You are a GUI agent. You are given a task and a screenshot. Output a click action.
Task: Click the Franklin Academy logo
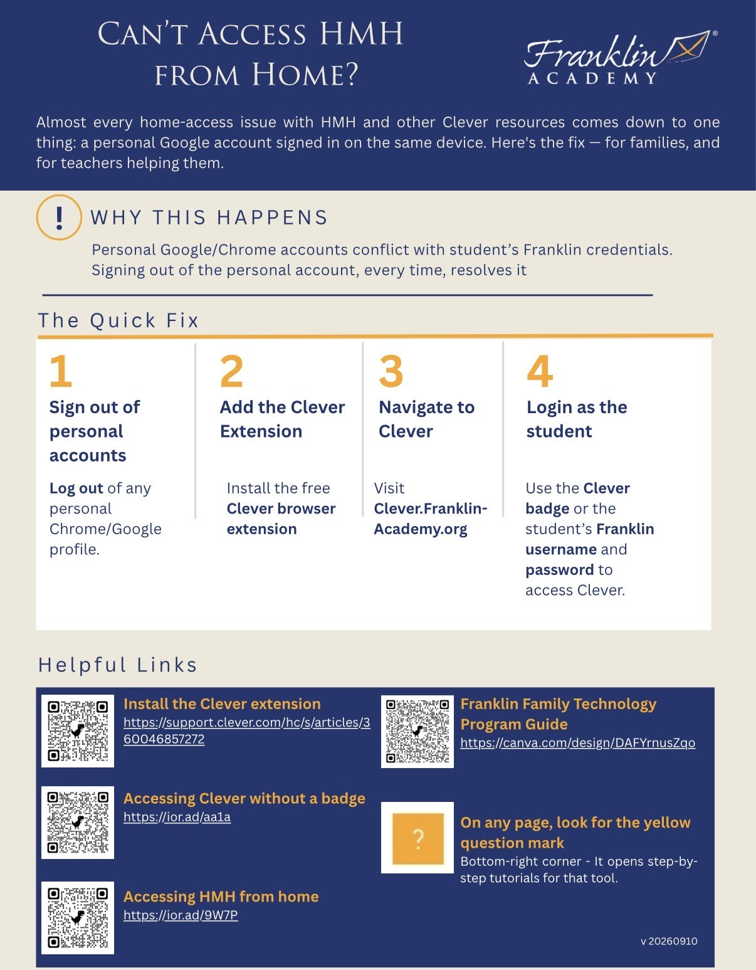coord(621,57)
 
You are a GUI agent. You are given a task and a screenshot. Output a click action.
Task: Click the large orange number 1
coord(61,371)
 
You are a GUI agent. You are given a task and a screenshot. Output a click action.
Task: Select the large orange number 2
coord(231,371)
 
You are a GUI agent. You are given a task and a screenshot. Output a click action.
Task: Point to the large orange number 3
coord(391,371)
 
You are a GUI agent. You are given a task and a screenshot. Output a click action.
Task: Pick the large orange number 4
coord(540,371)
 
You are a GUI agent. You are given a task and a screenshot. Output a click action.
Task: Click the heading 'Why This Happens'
coord(209,218)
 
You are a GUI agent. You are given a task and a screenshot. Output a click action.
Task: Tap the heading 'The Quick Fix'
coord(118,320)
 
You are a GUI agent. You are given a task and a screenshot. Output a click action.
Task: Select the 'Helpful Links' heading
coord(118,665)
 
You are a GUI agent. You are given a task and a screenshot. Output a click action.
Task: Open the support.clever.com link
coord(247,730)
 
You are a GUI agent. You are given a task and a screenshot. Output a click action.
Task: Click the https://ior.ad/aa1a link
coord(177,817)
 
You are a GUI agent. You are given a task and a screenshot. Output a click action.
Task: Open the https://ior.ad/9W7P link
coord(181,915)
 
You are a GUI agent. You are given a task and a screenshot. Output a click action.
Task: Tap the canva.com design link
coord(578,742)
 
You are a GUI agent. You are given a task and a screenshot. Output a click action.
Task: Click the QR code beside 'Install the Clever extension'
coord(78,730)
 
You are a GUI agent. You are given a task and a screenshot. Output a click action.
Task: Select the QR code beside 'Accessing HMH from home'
coord(78,918)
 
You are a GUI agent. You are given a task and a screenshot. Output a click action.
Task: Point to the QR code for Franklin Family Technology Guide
coord(417,731)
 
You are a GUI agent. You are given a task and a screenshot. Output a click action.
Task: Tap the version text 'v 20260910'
coord(669,941)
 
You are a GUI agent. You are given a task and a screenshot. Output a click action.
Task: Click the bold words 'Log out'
coord(76,488)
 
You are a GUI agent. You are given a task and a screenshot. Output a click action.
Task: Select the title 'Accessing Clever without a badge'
coord(244,798)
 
